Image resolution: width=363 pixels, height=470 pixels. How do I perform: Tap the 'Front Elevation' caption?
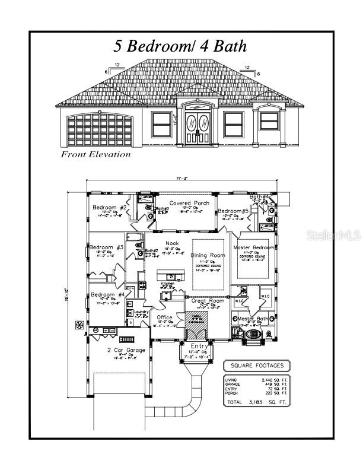coord(95,154)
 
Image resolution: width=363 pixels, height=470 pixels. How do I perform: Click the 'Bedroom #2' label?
coord(110,207)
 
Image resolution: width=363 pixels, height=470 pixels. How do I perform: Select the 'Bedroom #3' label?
coord(107,247)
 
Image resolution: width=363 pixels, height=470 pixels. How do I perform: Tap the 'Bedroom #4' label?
coord(107,294)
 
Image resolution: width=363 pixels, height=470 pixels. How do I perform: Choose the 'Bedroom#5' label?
coord(233,211)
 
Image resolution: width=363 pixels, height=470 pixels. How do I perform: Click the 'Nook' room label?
coord(172,243)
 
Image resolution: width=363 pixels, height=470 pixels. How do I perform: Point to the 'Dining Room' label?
coord(208,255)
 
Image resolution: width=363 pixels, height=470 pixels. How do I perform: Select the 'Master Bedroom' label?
coord(254,247)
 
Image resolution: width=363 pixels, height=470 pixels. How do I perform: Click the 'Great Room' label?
coord(208,301)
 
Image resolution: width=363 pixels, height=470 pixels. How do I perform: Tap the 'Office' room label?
coord(164,317)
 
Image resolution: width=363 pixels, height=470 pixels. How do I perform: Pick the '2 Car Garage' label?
coord(122,350)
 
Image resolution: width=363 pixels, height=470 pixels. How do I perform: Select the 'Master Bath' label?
coord(254,319)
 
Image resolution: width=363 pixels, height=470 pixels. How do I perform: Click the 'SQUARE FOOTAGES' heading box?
coord(257,365)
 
